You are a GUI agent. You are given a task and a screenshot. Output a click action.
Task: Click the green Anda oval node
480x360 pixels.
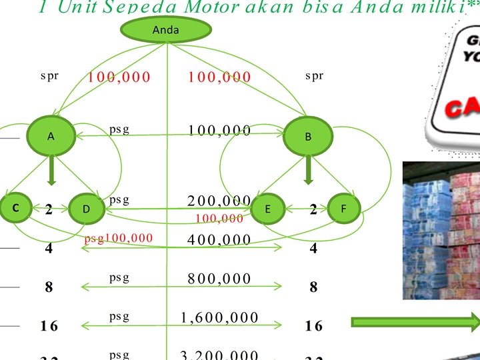coord(166,30)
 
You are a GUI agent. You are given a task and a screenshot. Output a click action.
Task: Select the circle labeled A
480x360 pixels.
coord(51,136)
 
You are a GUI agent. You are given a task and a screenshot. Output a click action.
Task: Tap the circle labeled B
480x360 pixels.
coord(308,137)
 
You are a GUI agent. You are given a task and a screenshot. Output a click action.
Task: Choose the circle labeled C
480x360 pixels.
coord(14,208)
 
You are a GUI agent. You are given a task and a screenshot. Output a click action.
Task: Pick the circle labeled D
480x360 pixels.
coord(87,209)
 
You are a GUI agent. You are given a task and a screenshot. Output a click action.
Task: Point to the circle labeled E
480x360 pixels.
coord(267,209)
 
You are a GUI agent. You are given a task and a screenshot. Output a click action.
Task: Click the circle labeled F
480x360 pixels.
coord(344,209)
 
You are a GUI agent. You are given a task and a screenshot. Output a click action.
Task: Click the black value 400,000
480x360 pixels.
coord(219,240)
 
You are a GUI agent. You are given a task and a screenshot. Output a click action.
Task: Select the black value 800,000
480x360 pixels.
coord(219,279)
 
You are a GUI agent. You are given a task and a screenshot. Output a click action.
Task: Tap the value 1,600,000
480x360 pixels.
coord(219,317)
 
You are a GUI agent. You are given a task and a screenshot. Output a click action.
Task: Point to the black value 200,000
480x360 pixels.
coord(219,201)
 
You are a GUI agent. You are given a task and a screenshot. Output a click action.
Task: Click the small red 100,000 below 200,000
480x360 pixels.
coord(219,218)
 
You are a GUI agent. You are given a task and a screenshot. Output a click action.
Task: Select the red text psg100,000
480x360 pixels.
coord(119,238)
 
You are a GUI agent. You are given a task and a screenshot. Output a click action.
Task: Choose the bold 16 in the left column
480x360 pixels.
coord(49,326)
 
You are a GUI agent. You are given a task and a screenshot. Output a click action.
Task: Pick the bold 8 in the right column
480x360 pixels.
coord(313,287)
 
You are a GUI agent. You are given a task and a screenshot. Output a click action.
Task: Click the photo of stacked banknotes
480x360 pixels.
coord(441,230)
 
